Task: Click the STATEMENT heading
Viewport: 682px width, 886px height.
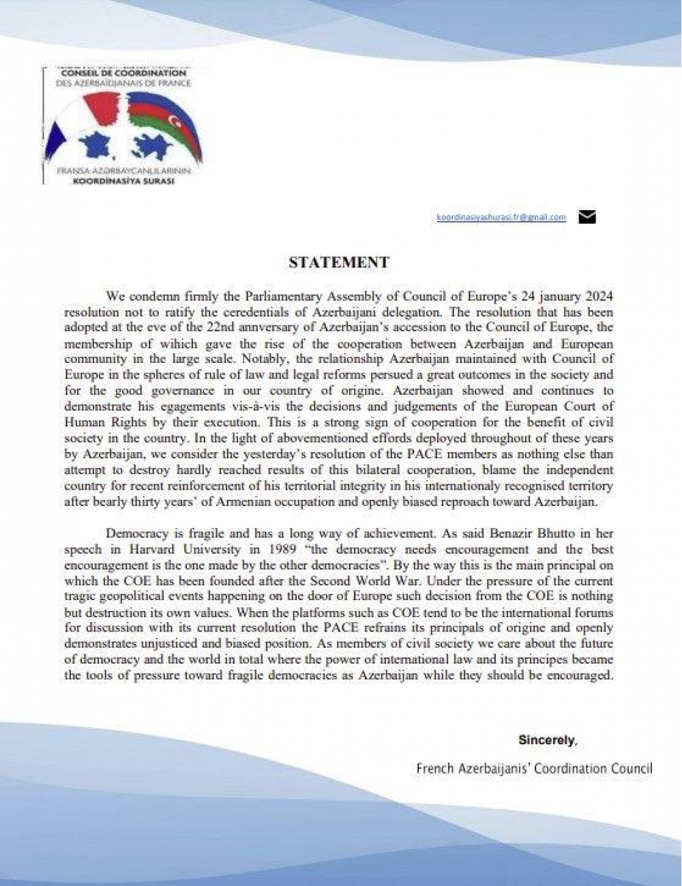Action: point(339,263)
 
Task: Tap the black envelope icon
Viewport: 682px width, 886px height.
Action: point(587,217)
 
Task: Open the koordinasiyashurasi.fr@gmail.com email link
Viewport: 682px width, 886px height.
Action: point(501,217)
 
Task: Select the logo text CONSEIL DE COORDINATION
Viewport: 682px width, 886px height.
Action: point(123,72)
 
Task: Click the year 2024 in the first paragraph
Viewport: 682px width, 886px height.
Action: point(598,297)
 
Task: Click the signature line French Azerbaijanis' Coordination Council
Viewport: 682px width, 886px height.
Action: point(534,769)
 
